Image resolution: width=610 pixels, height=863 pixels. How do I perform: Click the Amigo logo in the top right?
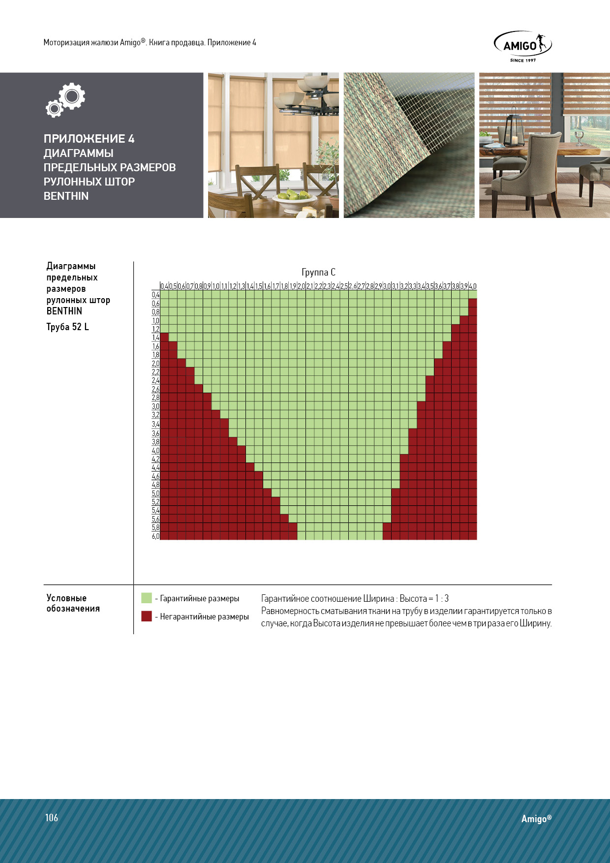[x=522, y=46]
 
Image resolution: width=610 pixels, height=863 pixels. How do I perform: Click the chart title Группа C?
[x=318, y=272]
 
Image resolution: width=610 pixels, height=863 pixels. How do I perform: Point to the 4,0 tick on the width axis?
[x=472, y=286]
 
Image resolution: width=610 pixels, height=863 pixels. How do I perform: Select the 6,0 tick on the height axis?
[x=155, y=536]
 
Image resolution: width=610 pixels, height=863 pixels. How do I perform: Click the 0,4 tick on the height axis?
[x=155, y=295]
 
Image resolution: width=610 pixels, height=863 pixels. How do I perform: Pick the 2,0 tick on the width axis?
[x=301, y=286]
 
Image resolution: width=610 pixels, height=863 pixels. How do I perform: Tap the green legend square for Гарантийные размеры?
[x=147, y=598]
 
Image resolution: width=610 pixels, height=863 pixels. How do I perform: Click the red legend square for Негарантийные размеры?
[x=147, y=616]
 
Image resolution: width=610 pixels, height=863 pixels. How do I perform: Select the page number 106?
[x=52, y=818]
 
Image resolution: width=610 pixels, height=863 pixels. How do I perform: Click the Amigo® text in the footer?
[x=536, y=819]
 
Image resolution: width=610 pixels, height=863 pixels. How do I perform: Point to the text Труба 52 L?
[x=67, y=327]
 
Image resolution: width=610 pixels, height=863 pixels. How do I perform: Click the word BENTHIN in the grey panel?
[x=66, y=196]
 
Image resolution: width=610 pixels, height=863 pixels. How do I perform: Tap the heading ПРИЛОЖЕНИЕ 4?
[x=89, y=139]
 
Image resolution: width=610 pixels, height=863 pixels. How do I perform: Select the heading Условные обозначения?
[x=73, y=603]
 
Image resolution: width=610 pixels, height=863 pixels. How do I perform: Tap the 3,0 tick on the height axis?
[x=155, y=406]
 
